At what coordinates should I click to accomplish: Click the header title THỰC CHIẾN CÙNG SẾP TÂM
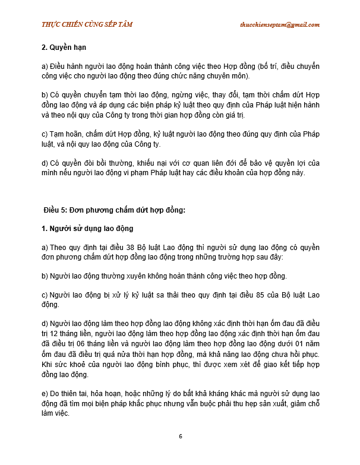[87, 24]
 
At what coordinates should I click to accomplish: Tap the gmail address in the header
[279, 24]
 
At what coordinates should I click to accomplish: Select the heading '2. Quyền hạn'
[66, 47]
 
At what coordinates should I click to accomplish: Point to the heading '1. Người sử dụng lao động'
[87, 229]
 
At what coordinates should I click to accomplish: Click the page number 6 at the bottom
[180, 436]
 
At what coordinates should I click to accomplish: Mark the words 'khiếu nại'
[165, 163]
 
